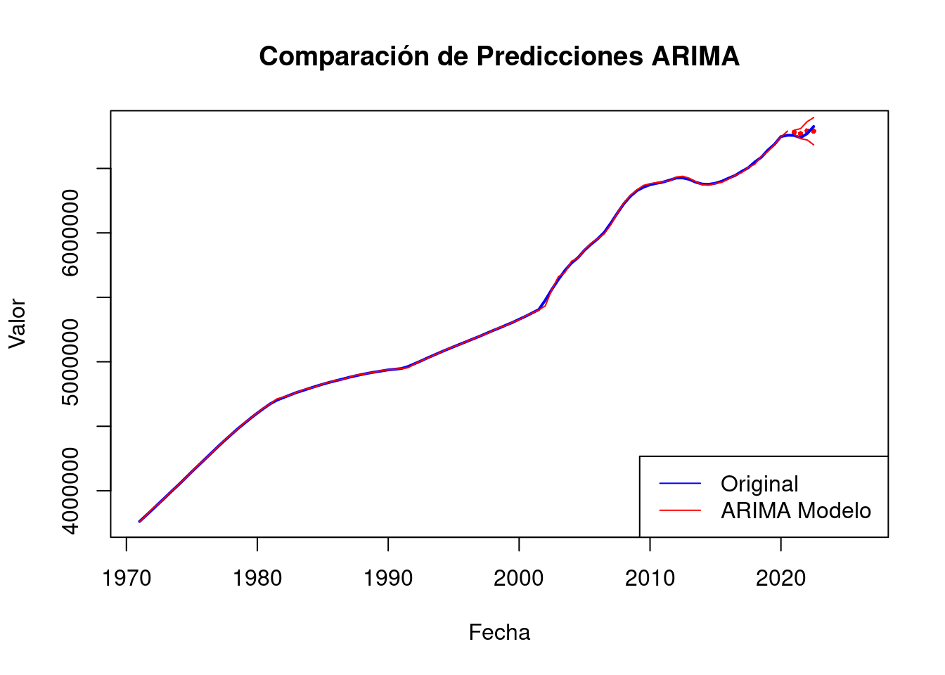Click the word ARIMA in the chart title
[695, 56]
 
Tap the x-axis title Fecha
[499, 633]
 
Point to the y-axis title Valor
[17, 323]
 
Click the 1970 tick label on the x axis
[127, 579]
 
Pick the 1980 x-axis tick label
[257, 579]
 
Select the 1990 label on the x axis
[388, 579]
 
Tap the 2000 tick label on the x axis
[519, 579]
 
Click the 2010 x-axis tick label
[650, 579]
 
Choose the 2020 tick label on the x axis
[780, 579]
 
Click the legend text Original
[759, 484]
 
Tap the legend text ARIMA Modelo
[796, 510]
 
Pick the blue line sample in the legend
[680, 484]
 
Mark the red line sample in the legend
[680, 510]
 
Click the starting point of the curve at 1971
[139, 522]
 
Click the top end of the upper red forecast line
[814, 117]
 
